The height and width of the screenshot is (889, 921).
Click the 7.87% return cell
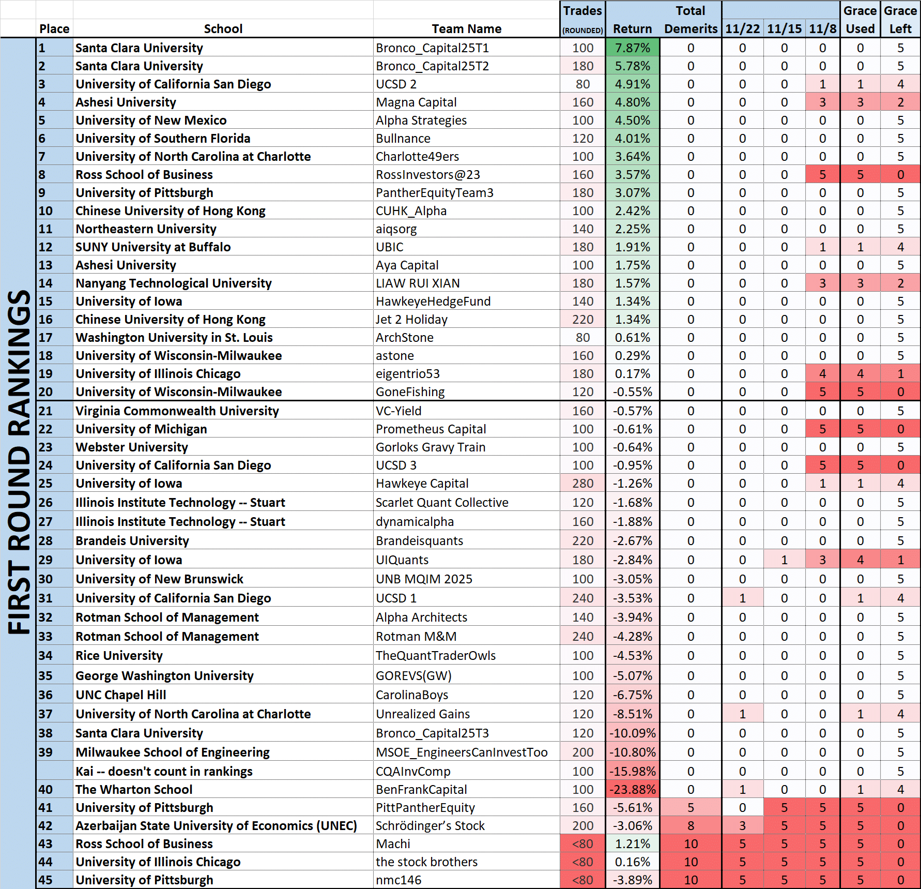(x=632, y=48)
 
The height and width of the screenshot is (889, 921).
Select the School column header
(x=223, y=29)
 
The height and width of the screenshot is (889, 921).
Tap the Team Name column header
(x=466, y=29)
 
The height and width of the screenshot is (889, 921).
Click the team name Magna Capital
(x=416, y=102)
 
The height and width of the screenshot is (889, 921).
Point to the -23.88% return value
(x=632, y=790)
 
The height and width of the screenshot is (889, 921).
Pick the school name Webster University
(x=132, y=447)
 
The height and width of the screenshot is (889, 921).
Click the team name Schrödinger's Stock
(x=430, y=826)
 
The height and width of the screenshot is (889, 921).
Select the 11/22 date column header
(x=742, y=29)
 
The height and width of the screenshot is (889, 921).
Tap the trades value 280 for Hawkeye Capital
(x=582, y=484)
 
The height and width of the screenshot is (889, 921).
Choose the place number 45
(x=45, y=880)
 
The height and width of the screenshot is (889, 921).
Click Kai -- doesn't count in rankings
(x=164, y=772)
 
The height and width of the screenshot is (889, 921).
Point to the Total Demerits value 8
(x=690, y=826)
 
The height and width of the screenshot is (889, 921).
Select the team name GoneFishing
(x=410, y=392)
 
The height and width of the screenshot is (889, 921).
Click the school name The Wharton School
(x=134, y=790)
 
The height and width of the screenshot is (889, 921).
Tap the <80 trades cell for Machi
(x=582, y=844)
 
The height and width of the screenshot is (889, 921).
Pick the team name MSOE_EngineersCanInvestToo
(x=462, y=752)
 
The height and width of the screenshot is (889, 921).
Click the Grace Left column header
(x=900, y=20)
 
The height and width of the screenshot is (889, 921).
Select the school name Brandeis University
(x=132, y=541)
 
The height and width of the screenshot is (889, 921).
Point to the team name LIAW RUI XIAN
(x=418, y=283)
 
